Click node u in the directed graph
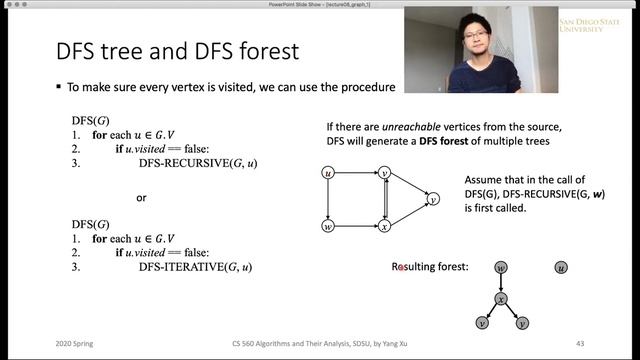(327, 174)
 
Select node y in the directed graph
(433, 200)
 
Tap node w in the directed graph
(327, 228)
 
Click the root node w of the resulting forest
(500, 268)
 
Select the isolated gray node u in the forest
(561, 268)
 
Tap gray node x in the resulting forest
(500, 298)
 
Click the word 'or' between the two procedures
(142, 198)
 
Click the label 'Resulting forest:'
(431, 268)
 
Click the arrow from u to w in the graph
(327, 201)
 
